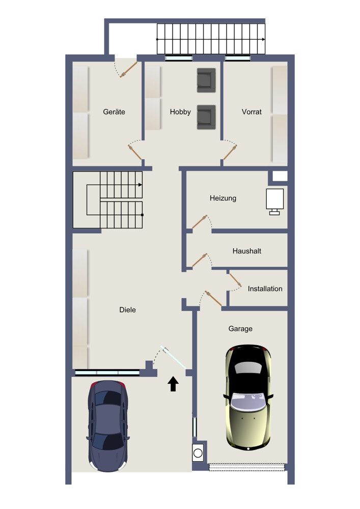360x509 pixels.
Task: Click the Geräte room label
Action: pos(114,112)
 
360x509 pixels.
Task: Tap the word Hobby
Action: pos(180,112)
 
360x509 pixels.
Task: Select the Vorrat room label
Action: pos(252,112)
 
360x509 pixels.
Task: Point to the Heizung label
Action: pos(223,199)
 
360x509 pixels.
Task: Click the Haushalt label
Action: pos(247,251)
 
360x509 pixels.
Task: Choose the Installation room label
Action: pos(265,289)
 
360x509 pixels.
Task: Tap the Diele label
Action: pos(128,309)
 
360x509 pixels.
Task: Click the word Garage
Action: pos(240,329)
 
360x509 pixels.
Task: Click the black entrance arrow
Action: pos(173,384)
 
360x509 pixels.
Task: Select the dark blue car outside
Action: pos(108,426)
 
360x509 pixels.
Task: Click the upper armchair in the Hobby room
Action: pos(206,80)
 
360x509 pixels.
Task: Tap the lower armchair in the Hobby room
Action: pos(206,117)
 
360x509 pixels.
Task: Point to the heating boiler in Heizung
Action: pos(274,201)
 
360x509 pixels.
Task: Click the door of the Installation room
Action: pos(235,280)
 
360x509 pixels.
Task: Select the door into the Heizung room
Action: pos(199,222)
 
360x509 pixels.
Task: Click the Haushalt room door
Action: pos(199,260)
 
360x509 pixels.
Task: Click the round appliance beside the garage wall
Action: pos(198,453)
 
